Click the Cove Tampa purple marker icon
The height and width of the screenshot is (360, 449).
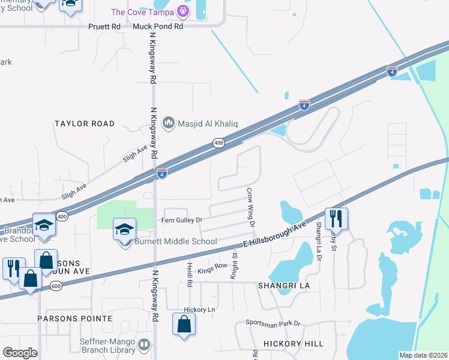pos(184,11)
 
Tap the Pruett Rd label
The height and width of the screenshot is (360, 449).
pos(104,26)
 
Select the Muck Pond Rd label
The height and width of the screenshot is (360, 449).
pos(158,26)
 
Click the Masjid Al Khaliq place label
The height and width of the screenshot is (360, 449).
pos(208,124)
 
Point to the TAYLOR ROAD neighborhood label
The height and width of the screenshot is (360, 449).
pos(84,124)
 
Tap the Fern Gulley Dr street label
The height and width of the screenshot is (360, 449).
pos(182,220)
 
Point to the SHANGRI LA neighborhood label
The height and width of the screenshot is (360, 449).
pos(284,286)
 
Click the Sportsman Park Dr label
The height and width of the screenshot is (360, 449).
pos(276,323)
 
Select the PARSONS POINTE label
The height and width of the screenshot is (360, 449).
pos(74,318)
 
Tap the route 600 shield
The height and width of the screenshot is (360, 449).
pos(40,287)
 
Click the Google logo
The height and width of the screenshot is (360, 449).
pos(20,353)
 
